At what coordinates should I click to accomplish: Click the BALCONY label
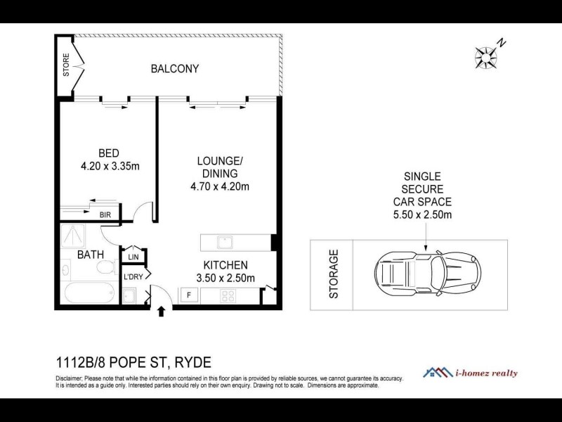[175, 69]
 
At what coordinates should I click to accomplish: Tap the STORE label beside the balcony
[67, 65]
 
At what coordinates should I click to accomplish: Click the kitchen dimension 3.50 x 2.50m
[225, 279]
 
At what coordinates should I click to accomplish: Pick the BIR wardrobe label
[105, 215]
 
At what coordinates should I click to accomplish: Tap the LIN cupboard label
[133, 257]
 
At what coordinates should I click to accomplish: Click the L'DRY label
[133, 277]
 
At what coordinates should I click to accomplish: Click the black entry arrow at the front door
[162, 311]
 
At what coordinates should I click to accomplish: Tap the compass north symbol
[486, 54]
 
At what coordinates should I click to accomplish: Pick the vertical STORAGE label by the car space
[334, 274]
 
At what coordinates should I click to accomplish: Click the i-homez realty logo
[470, 373]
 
